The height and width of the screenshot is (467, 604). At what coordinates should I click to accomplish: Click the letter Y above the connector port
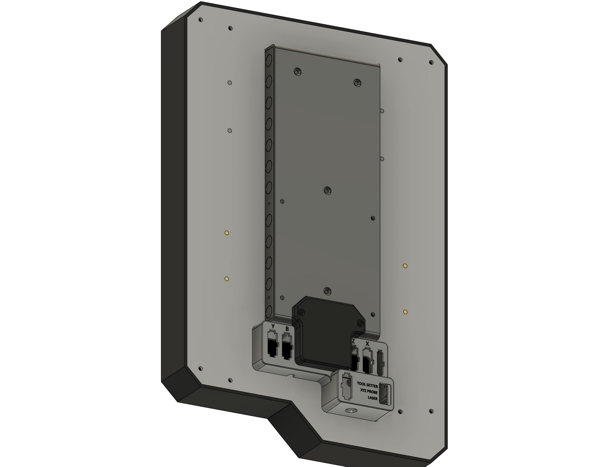[273, 326]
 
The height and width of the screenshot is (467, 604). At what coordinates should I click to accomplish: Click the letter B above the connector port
[287, 329]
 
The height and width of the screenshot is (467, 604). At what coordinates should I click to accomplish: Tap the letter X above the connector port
[367, 343]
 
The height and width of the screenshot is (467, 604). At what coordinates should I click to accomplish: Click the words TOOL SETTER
[367, 386]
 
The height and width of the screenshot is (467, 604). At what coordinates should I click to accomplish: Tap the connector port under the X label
[367, 360]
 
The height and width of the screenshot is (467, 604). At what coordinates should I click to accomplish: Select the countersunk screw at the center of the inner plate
[328, 191]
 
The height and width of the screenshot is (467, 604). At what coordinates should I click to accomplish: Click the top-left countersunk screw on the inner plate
[297, 71]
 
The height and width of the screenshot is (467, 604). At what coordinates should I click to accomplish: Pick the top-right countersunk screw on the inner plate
[357, 82]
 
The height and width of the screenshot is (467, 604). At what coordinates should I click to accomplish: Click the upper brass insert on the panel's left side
[227, 232]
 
